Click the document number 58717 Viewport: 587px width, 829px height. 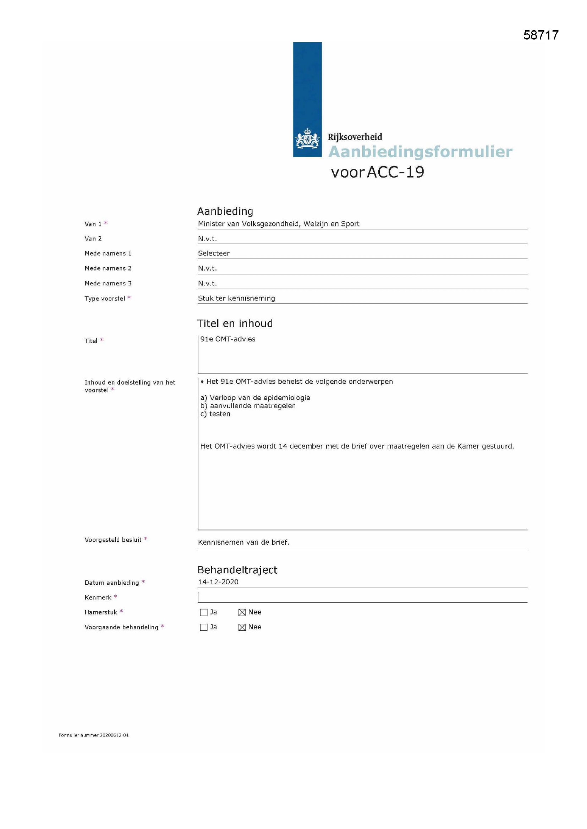[x=541, y=35]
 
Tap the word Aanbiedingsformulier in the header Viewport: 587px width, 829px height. [x=420, y=152]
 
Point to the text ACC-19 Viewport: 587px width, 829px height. [x=395, y=172]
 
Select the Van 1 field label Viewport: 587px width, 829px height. [x=93, y=224]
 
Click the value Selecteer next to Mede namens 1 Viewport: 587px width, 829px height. [x=214, y=253]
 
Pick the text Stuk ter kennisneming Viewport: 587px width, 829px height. [x=236, y=298]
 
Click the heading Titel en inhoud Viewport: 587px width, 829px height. [x=235, y=323]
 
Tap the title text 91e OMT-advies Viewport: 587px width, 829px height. [x=228, y=339]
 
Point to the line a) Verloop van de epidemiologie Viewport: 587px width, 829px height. [x=255, y=397]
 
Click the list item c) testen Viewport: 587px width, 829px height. [x=215, y=414]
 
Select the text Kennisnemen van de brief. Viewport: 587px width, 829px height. [x=243, y=542]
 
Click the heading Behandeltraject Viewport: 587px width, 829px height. [x=237, y=570]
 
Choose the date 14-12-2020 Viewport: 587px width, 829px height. [x=218, y=582]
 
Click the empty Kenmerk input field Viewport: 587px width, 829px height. [x=361, y=597]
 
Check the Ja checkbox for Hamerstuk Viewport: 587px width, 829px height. [x=204, y=612]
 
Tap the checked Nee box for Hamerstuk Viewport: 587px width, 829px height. [x=242, y=612]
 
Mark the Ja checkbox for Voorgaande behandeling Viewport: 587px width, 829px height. [x=204, y=627]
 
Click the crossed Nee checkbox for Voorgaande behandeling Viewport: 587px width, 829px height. [x=242, y=627]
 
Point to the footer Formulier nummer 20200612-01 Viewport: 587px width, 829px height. [x=94, y=735]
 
